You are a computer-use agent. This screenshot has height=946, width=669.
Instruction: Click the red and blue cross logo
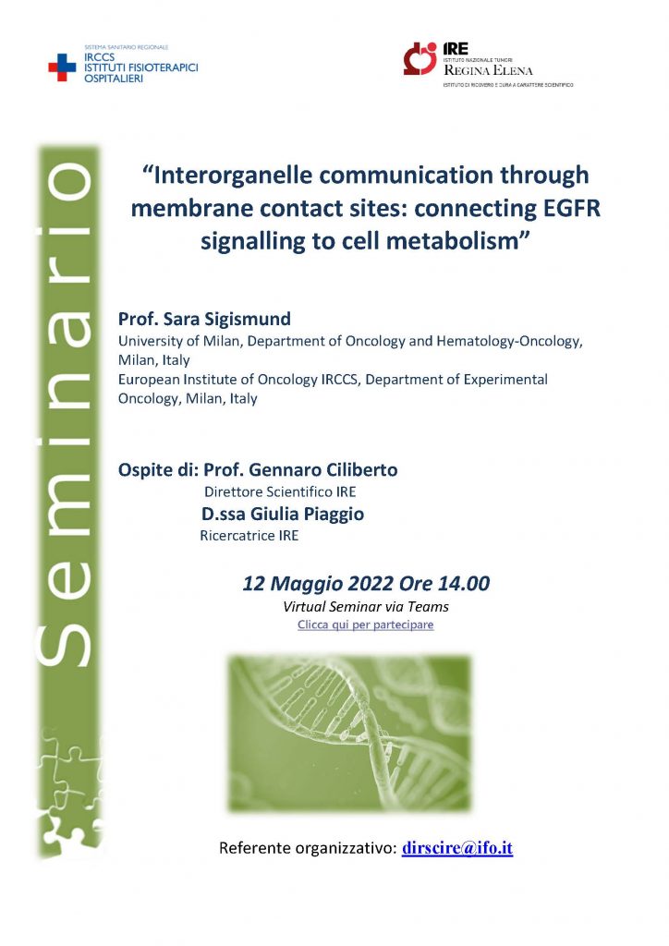coord(62,67)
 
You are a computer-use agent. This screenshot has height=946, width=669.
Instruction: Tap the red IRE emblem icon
coord(420,58)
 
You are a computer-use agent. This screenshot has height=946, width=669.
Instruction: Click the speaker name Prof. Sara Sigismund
coord(204,319)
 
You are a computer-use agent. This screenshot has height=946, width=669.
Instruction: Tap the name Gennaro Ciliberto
coord(323,469)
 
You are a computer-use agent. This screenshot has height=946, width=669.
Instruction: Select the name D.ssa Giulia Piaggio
coord(283,514)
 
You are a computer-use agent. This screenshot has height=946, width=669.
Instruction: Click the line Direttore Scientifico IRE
coord(280,491)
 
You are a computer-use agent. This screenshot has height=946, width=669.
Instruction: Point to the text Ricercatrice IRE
coord(249,536)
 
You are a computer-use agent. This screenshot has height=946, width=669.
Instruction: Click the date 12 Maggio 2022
coord(310,584)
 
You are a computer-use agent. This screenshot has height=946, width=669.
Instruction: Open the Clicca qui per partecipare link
coord(366,625)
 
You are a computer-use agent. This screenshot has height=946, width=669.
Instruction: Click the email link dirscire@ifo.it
coord(457,848)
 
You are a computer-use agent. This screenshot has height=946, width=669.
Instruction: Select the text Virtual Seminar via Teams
coord(366,606)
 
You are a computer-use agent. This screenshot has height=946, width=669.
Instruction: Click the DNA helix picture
coord(350,733)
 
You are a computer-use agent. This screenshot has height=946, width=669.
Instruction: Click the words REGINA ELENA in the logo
coord(488,70)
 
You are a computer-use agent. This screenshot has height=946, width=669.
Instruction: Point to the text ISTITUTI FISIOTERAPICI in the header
coord(141,68)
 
